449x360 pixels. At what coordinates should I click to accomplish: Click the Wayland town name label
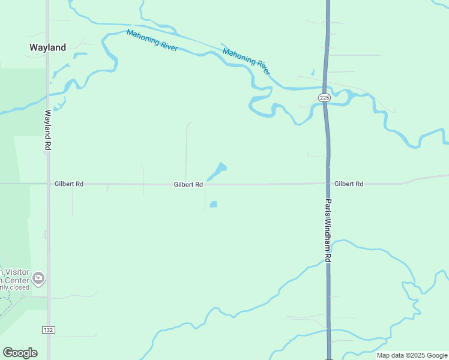[x=48, y=47]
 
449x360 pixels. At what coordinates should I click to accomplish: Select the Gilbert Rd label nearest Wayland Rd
[x=68, y=184]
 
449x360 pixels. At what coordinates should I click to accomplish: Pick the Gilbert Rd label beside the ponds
[x=188, y=185]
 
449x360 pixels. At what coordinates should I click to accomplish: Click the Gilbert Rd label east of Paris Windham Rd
[x=349, y=184]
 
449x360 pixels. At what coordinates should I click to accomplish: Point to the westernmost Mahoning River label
[x=152, y=40]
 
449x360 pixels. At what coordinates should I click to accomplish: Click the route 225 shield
[x=324, y=97]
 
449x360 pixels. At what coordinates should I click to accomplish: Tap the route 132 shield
[x=49, y=330]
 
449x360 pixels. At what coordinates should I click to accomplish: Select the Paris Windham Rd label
[x=328, y=231]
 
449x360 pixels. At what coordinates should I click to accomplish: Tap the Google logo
[x=20, y=353]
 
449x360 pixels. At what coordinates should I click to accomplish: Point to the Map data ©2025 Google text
[x=412, y=355]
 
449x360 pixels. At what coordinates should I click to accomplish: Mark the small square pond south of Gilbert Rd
[x=213, y=204]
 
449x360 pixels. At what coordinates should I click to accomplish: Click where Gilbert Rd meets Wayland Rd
[x=48, y=184]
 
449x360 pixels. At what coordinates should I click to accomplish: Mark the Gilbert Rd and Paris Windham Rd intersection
[x=328, y=184]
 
